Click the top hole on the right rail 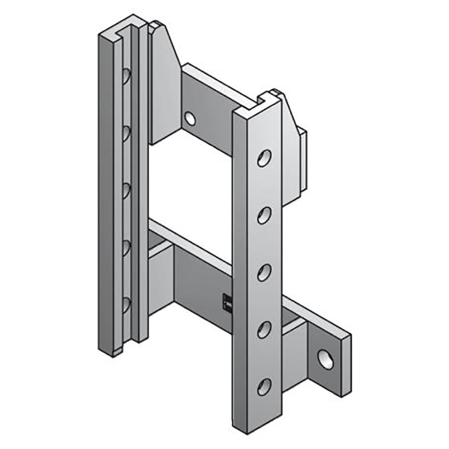click(264, 158)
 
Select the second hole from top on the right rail click(264, 215)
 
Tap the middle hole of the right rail click(264, 272)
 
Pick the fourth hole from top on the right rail click(264, 329)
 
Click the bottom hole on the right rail click(264, 386)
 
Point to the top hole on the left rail click(126, 75)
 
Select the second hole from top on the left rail click(126, 132)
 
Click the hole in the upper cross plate click(190, 118)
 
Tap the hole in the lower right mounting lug click(325, 359)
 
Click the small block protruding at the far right click(303, 160)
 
